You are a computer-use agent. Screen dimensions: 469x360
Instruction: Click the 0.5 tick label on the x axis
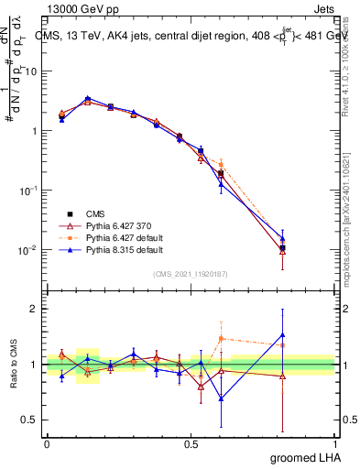191,443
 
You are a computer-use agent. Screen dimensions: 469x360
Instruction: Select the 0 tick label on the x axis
47,443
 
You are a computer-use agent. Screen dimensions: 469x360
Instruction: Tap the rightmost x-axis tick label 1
335,443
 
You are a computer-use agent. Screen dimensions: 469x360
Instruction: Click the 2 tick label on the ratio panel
35,308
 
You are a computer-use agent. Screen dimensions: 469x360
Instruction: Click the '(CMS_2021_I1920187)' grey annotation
191,273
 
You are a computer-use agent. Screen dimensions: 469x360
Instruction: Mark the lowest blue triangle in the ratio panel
221,398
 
